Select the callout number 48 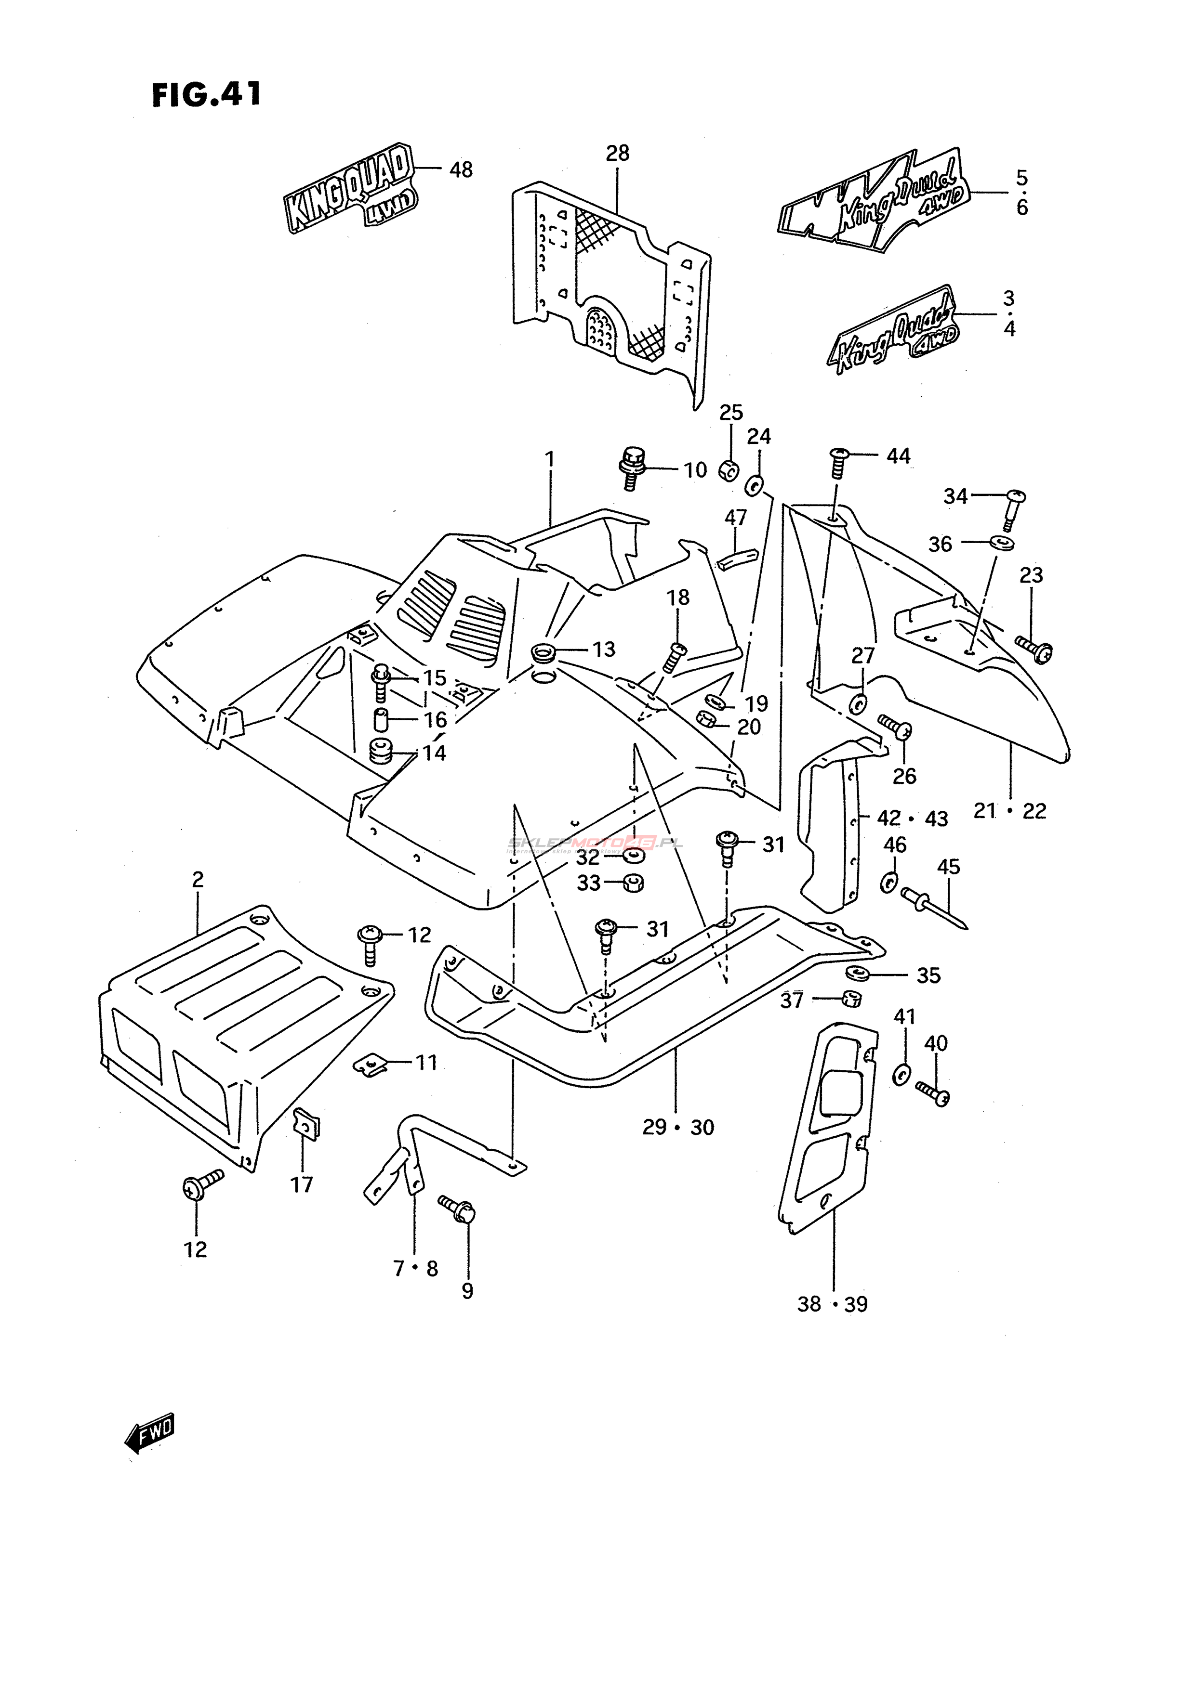click(461, 170)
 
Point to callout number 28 click(618, 153)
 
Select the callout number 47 click(735, 518)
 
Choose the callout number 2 click(197, 879)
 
